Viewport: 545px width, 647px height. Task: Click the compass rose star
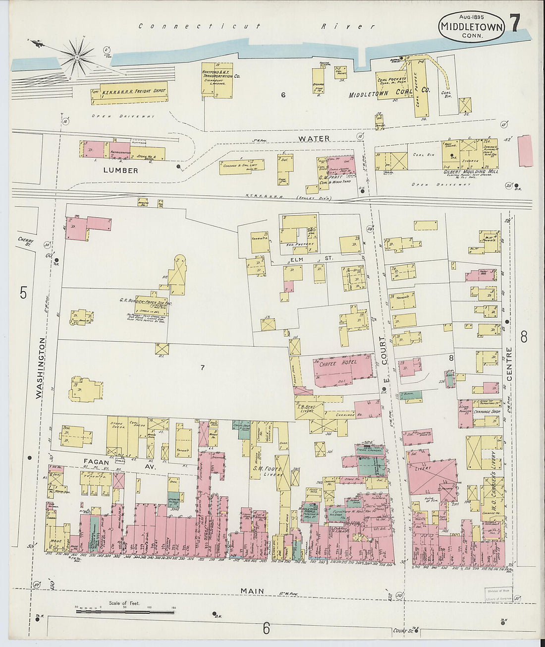pyautogui.click(x=77, y=57)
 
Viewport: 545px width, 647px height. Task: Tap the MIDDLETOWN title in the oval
pyautogui.click(x=470, y=27)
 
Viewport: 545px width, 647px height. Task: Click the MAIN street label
pyautogui.click(x=252, y=590)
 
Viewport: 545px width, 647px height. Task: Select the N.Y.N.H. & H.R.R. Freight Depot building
pyautogui.click(x=129, y=93)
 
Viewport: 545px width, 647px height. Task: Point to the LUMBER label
pyautogui.click(x=120, y=170)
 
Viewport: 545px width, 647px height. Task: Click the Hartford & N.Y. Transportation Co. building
pyautogui.click(x=217, y=79)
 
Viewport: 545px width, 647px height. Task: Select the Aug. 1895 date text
pyautogui.click(x=471, y=17)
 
